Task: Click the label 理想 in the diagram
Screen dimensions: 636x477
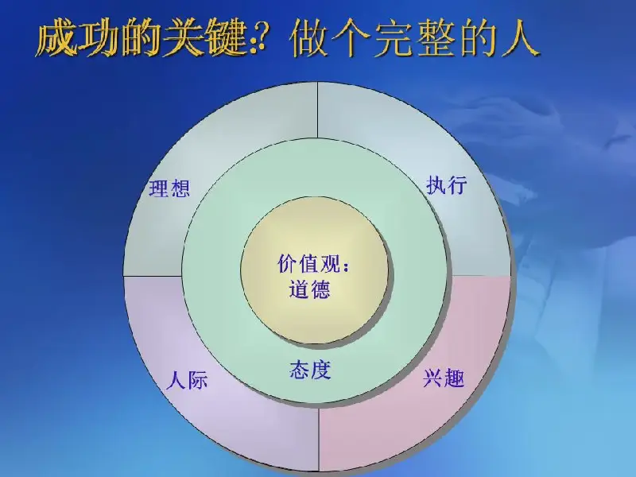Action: [169, 188]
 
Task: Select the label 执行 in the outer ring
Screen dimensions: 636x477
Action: [447, 185]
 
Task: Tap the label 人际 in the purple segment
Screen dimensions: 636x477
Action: [187, 381]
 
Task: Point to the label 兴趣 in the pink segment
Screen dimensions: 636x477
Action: [444, 378]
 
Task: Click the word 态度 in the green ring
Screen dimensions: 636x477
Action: [310, 370]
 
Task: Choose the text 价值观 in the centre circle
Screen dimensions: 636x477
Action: [308, 264]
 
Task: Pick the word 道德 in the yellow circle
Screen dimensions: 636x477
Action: [309, 289]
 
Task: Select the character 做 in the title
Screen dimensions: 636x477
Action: [309, 38]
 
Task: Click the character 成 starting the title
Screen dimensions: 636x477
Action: [56, 39]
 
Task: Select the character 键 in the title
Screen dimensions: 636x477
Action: [226, 39]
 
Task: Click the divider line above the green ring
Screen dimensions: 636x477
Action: [317, 110]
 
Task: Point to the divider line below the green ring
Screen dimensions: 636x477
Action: [319, 438]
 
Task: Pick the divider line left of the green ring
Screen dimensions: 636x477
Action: [153, 276]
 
